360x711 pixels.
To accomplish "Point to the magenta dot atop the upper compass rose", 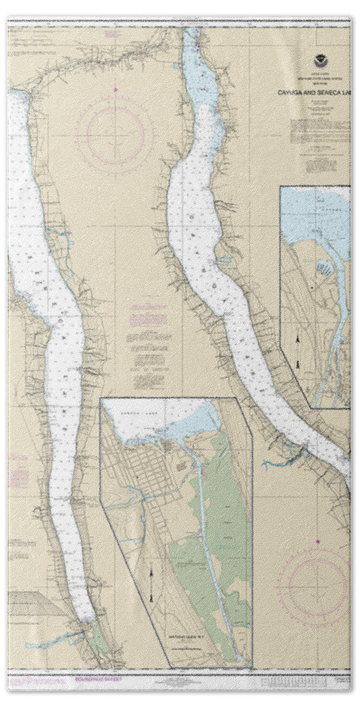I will pyautogui.click(x=115, y=89).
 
